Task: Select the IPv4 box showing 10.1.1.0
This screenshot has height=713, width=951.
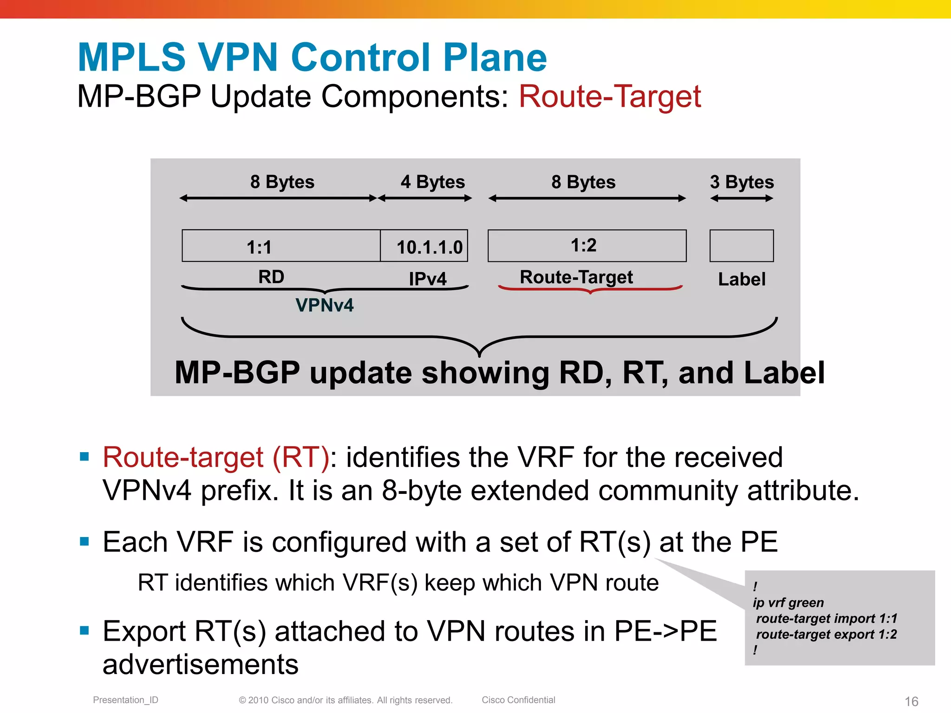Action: tap(424, 246)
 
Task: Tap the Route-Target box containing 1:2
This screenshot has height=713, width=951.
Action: tap(586, 246)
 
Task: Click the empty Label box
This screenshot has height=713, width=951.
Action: tap(741, 246)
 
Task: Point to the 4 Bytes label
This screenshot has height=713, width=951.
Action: tap(432, 182)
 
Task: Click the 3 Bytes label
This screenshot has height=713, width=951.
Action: tap(742, 182)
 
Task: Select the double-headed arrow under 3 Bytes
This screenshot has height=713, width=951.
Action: tap(742, 199)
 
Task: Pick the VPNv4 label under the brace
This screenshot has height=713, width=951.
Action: tap(324, 305)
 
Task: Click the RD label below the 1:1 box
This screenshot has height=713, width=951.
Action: tap(271, 277)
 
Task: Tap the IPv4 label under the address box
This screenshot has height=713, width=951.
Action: tap(427, 279)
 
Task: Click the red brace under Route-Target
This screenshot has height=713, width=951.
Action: tap(590, 289)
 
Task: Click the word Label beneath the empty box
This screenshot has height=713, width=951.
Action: tap(742, 279)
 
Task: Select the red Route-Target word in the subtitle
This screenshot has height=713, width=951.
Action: tap(609, 97)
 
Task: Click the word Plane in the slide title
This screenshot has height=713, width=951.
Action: tap(495, 58)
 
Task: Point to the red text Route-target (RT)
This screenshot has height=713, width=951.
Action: tap(216, 457)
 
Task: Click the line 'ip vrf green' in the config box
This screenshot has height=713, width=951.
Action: tap(788, 603)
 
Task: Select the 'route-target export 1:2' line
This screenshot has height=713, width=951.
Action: tap(826, 635)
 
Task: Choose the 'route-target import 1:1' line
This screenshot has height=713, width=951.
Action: tap(826, 619)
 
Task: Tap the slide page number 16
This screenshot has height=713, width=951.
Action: tap(911, 701)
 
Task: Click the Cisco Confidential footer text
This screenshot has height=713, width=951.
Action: tap(518, 700)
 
